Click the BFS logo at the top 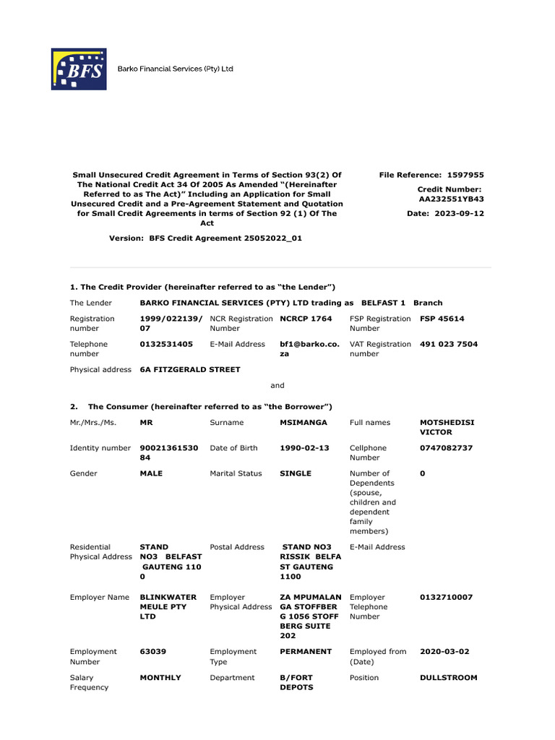[x=78, y=69]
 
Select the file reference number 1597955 [x=465, y=175]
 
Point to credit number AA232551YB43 [x=452, y=199]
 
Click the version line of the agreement [x=205, y=238]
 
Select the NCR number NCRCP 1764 [x=306, y=319]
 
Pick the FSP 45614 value [x=442, y=319]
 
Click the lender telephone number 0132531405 [x=166, y=344]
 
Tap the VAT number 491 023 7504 [x=448, y=344]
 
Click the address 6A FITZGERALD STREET [x=190, y=369]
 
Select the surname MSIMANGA [x=304, y=422]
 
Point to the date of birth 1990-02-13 [x=304, y=448]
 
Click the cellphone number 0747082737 [x=446, y=448]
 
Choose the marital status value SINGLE [x=296, y=473]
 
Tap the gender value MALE [x=151, y=473]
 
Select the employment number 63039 [x=152, y=651]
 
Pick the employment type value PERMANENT [x=306, y=651]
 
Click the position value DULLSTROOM [x=448, y=677]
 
